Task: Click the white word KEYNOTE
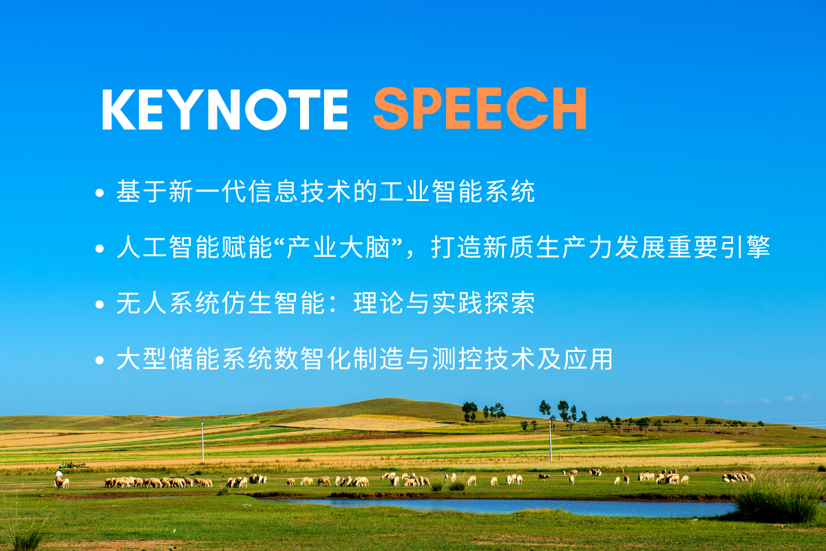224,110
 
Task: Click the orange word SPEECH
480,109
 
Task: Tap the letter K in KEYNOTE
118,110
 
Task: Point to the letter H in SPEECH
569,109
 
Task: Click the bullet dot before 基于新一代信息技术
100,193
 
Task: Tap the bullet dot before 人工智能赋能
100,249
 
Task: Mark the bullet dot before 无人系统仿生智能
100,304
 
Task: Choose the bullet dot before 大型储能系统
100,360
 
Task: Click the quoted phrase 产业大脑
338,247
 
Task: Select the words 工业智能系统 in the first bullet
457,191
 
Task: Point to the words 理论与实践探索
444,303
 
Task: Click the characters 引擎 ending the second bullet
745,247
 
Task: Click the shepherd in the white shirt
59,477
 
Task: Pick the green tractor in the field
71,465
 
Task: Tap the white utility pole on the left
202,442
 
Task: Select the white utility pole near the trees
550,440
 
